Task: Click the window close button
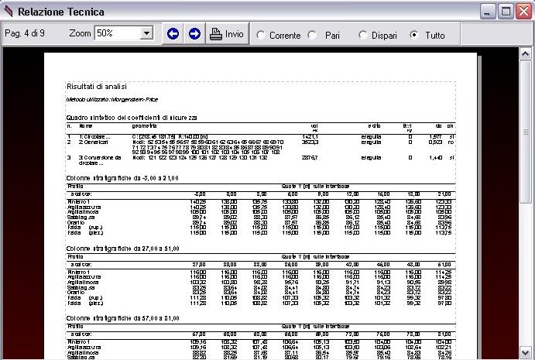523,11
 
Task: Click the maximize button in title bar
506,11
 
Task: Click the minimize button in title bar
489,11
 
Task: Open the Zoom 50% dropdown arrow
146,34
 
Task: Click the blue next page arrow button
194,34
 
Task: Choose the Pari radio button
313,35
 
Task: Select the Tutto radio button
414,35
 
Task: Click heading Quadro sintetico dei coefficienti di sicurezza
132,117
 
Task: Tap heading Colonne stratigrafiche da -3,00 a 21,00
122,178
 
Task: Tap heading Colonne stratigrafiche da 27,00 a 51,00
123,248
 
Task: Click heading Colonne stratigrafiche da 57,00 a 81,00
123,317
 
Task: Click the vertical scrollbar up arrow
526,56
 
